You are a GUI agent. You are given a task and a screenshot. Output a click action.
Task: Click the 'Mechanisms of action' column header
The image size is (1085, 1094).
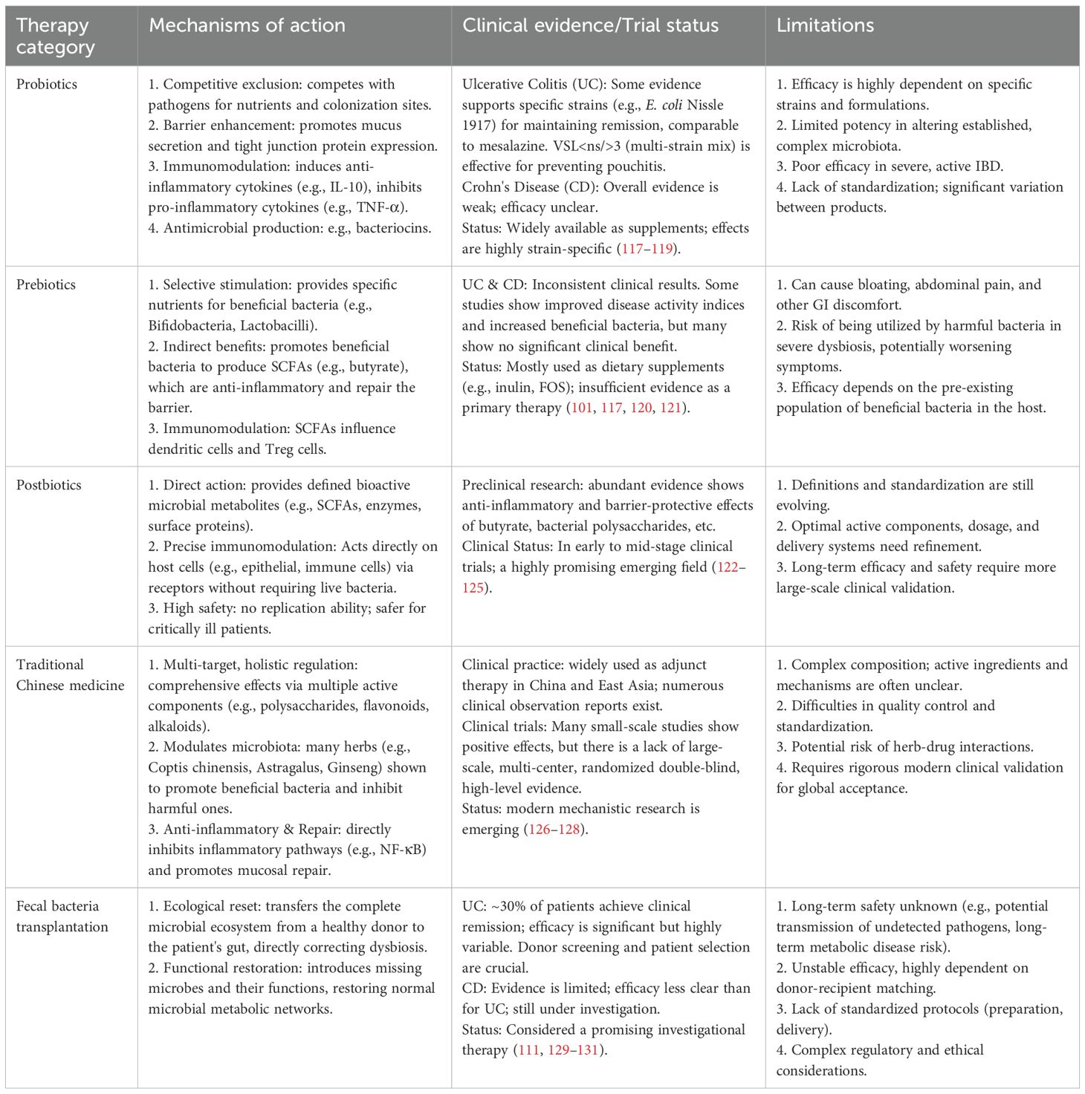click(x=247, y=25)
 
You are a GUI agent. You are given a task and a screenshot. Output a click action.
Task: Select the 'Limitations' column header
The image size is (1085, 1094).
click(x=825, y=25)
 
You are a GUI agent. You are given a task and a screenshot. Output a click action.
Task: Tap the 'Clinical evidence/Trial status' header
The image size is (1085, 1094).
click(x=590, y=25)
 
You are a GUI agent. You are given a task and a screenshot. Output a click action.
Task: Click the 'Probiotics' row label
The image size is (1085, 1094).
click(x=47, y=84)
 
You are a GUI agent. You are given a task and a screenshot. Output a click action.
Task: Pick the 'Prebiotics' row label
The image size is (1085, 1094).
click(x=46, y=284)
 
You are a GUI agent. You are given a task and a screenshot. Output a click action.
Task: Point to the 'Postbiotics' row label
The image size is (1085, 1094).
click(x=49, y=485)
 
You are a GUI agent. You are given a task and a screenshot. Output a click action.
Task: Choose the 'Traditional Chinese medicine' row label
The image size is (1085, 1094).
click(x=70, y=675)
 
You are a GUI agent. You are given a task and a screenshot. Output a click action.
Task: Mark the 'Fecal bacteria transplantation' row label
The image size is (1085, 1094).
click(x=62, y=916)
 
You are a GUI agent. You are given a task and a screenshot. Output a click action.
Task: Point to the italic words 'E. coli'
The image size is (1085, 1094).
click(x=664, y=105)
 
